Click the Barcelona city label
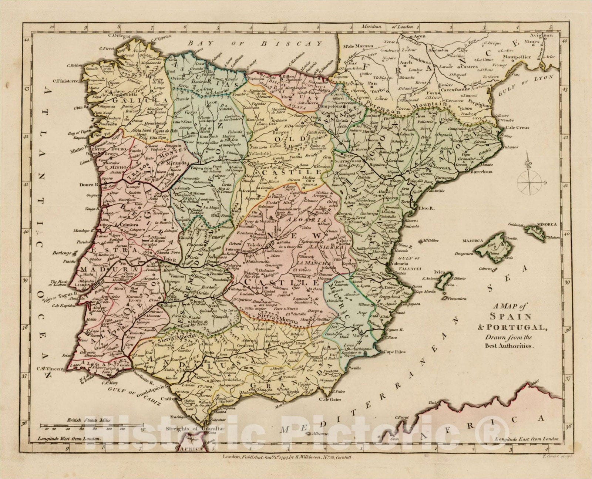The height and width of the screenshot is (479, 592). [481, 172]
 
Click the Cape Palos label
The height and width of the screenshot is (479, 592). [394, 352]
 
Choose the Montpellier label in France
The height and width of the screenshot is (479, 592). [517, 57]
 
